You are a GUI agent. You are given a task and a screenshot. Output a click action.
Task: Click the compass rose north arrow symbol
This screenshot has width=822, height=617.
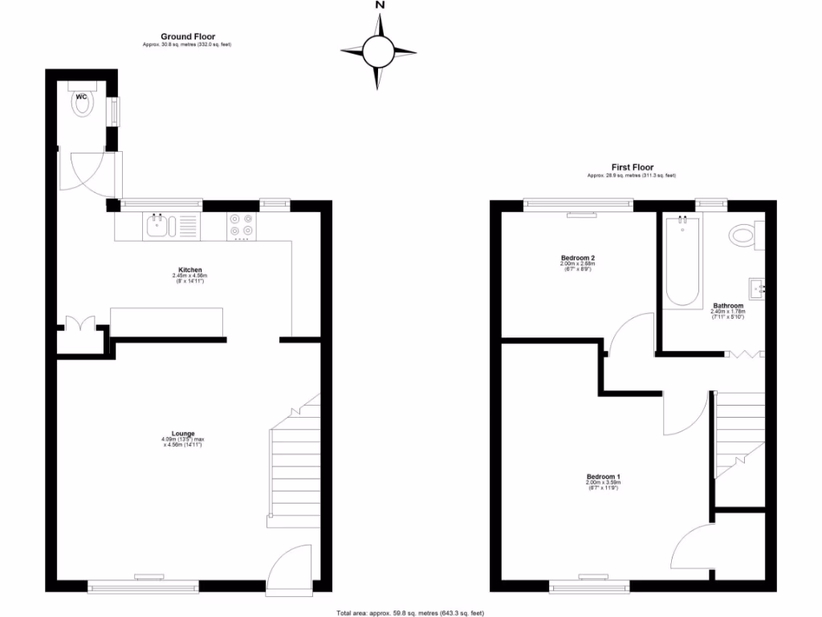(378, 51)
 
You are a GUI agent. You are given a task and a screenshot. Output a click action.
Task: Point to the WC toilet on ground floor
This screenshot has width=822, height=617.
(83, 103)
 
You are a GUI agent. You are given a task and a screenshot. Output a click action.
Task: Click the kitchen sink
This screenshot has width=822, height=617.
(157, 226)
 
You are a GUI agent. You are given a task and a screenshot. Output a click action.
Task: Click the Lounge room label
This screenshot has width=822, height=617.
(183, 434)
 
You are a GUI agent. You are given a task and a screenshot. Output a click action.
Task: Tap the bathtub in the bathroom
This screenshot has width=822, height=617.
(682, 261)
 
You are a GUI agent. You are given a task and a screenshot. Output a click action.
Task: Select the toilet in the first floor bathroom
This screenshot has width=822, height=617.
(745, 235)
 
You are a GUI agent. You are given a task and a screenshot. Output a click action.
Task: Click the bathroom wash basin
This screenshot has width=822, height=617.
(755, 287)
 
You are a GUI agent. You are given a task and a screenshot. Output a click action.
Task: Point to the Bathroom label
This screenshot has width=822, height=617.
(728, 306)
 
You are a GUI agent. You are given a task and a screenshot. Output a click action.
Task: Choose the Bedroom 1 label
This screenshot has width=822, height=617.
(603, 476)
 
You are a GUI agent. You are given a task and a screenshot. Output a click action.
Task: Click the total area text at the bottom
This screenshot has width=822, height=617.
(410, 612)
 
